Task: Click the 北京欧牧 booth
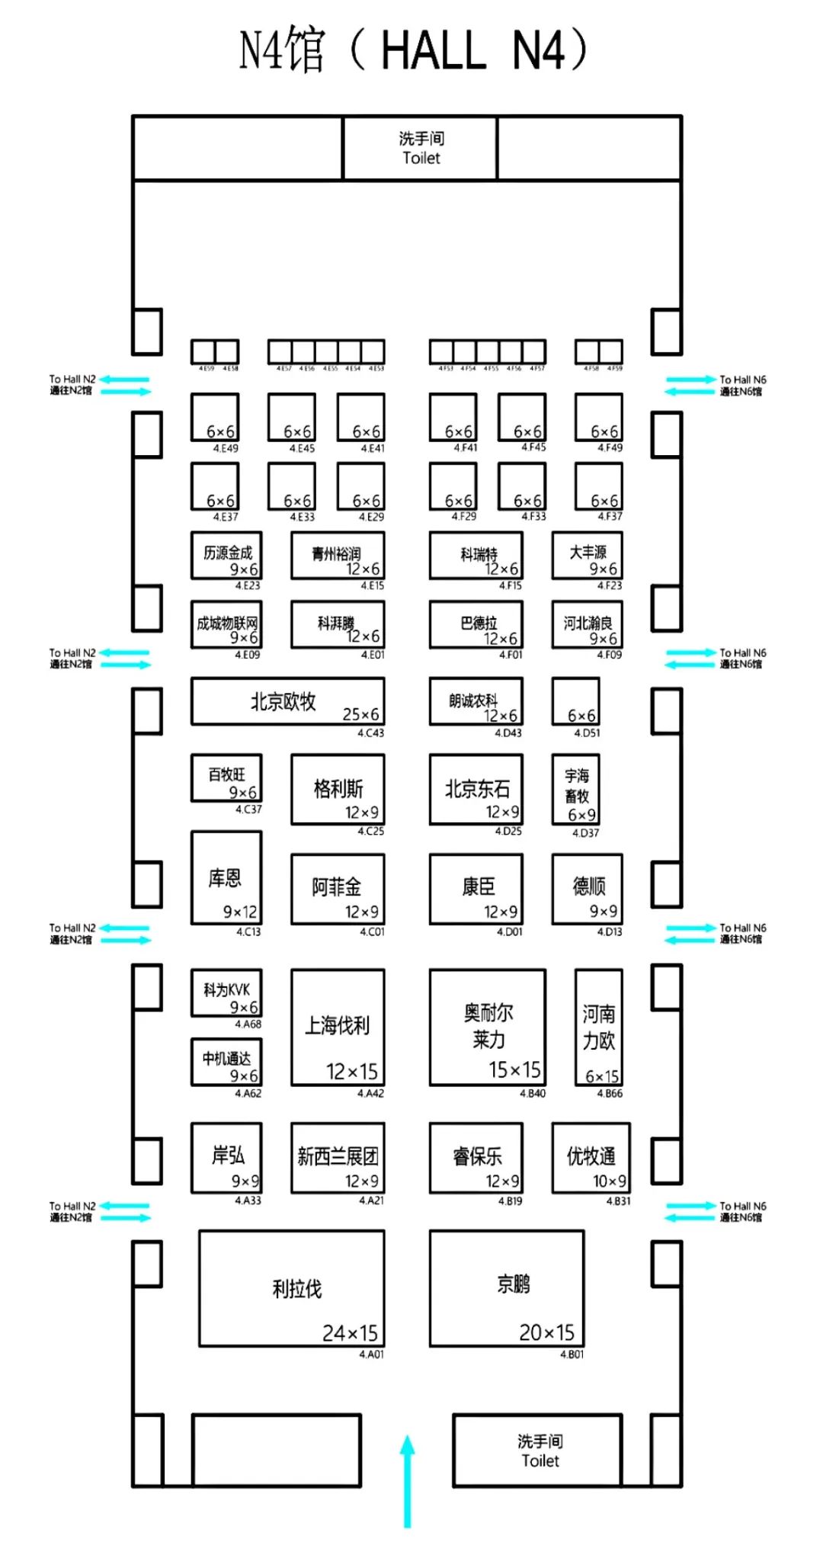click(287, 701)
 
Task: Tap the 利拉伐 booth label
click(297, 1289)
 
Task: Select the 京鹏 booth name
click(513, 1284)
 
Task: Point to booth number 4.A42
click(371, 1093)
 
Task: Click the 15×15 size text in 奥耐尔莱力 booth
click(514, 1070)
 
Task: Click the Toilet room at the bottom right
click(538, 1451)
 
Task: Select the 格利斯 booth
click(338, 789)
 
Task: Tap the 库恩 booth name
click(225, 878)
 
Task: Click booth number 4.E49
click(226, 448)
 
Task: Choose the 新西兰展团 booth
click(338, 1157)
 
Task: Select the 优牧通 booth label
click(591, 1156)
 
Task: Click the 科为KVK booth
click(226, 992)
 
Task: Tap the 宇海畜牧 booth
click(576, 789)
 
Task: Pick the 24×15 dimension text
click(350, 1332)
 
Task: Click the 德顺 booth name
click(589, 886)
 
